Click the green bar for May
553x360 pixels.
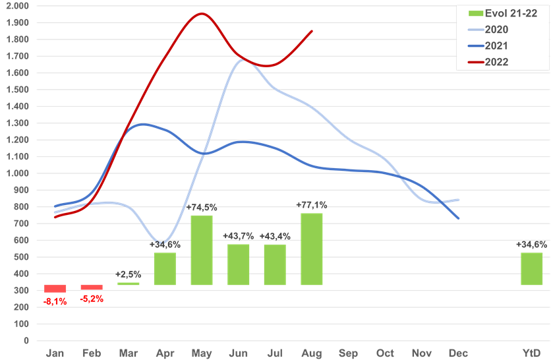coord(202,250)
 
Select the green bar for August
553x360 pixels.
coord(312,249)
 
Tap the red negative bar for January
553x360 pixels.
coord(55,288)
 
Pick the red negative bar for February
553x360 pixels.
coord(92,287)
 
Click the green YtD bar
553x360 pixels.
coord(532,268)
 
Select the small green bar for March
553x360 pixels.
coord(129,284)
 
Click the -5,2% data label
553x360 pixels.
coord(92,299)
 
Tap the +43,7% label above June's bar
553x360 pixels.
coord(238,236)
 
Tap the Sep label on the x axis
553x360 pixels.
coord(348,353)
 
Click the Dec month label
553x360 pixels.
coord(458,353)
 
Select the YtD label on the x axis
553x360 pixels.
coord(531,353)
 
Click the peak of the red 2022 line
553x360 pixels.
coord(202,13)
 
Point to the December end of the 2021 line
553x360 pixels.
coord(459,218)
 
